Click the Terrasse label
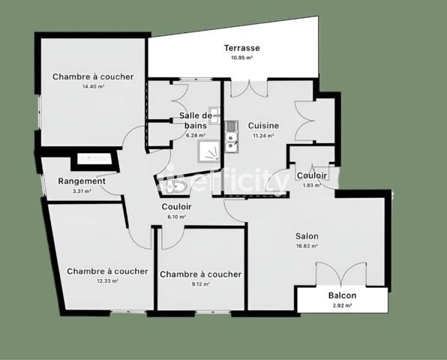[x=241, y=48]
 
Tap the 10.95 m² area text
[x=241, y=58]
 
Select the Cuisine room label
[x=264, y=126]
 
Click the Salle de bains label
[x=196, y=120]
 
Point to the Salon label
[x=307, y=235]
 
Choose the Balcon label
[x=342, y=295]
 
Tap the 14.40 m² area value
[x=93, y=87]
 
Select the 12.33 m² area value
[x=107, y=281]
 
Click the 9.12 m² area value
[x=200, y=284]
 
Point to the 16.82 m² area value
[x=307, y=245]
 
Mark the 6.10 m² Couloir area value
[x=176, y=217]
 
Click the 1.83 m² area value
[x=311, y=185]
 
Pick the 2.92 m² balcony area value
[x=342, y=305]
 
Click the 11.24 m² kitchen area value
[x=263, y=136]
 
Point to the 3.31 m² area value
[x=81, y=191]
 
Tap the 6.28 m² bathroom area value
[x=196, y=136]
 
